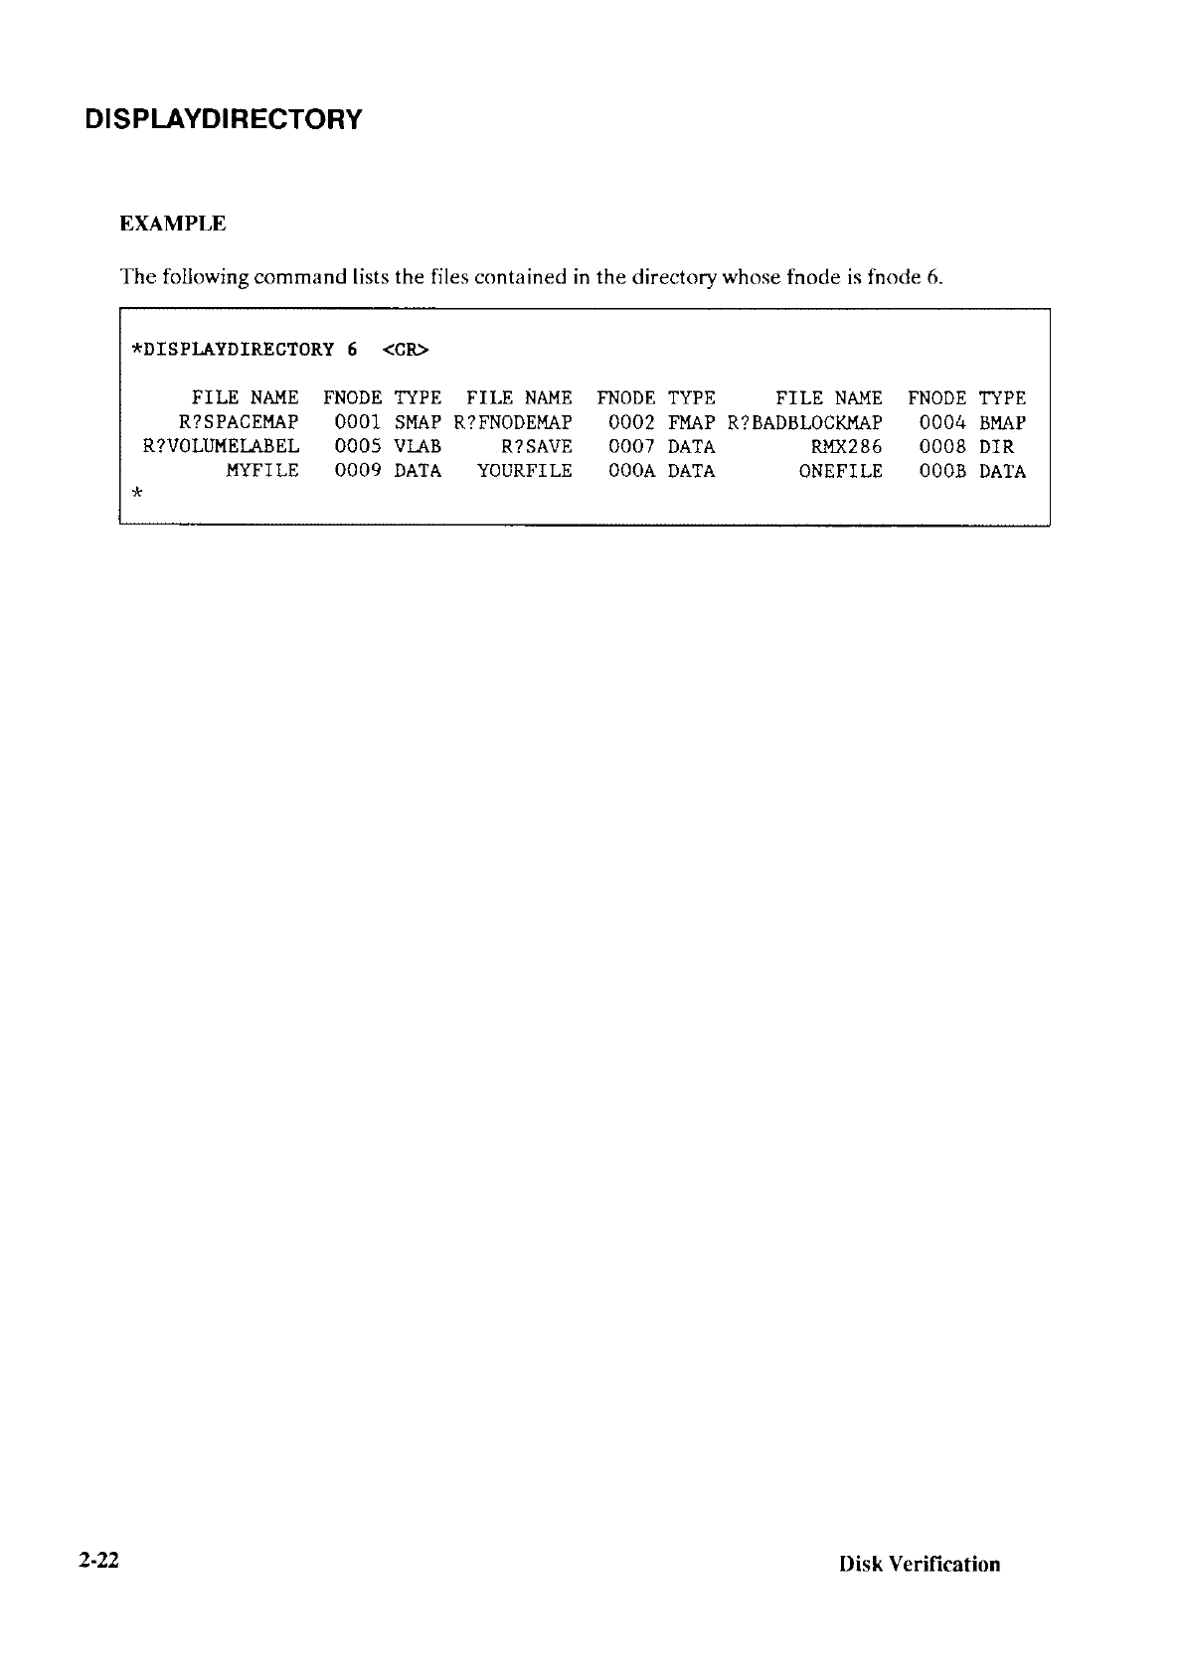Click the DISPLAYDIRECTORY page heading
(224, 120)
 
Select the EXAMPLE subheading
(173, 224)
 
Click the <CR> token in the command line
(406, 350)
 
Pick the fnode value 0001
(358, 422)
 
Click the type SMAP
(418, 422)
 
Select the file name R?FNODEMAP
(513, 422)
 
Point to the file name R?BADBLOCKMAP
(805, 422)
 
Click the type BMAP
(1002, 422)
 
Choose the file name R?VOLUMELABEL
(222, 447)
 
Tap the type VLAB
(418, 447)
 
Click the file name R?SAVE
(537, 447)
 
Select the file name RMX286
(847, 447)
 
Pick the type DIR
(996, 447)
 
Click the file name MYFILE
(262, 472)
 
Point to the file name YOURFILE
(525, 472)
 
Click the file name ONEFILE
(841, 472)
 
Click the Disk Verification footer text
(920, 1565)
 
